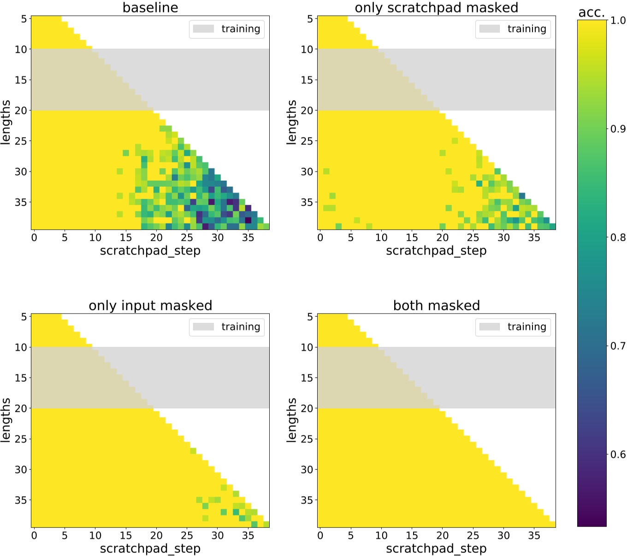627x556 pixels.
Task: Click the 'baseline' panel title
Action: coord(150,7)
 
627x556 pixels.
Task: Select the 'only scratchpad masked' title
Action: coord(436,7)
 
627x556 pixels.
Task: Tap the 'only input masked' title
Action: coord(150,305)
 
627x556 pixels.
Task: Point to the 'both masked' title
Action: coord(436,305)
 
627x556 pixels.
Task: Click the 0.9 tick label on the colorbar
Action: coord(618,129)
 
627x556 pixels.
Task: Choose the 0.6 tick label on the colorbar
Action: coord(618,455)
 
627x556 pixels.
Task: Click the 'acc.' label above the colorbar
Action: coord(592,12)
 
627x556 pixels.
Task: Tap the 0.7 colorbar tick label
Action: coord(618,346)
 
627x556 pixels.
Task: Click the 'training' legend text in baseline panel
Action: coord(241,29)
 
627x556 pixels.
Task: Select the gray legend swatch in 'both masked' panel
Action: coord(489,327)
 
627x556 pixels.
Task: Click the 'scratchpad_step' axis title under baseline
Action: coord(150,251)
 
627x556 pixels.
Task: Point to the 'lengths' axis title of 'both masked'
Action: coord(291,420)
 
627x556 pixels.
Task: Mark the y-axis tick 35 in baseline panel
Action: coord(21,202)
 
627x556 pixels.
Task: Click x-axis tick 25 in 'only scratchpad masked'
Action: coord(473,238)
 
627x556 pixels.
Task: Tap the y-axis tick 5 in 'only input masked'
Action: coord(24,317)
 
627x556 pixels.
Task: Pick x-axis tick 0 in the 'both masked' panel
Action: coord(320,536)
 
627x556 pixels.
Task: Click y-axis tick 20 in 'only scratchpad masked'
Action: coord(307,111)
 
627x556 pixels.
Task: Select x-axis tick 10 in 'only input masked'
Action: coord(95,536)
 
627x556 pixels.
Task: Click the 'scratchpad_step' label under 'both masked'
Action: coord(436,549)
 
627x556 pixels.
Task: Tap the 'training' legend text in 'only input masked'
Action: coord(241,327)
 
